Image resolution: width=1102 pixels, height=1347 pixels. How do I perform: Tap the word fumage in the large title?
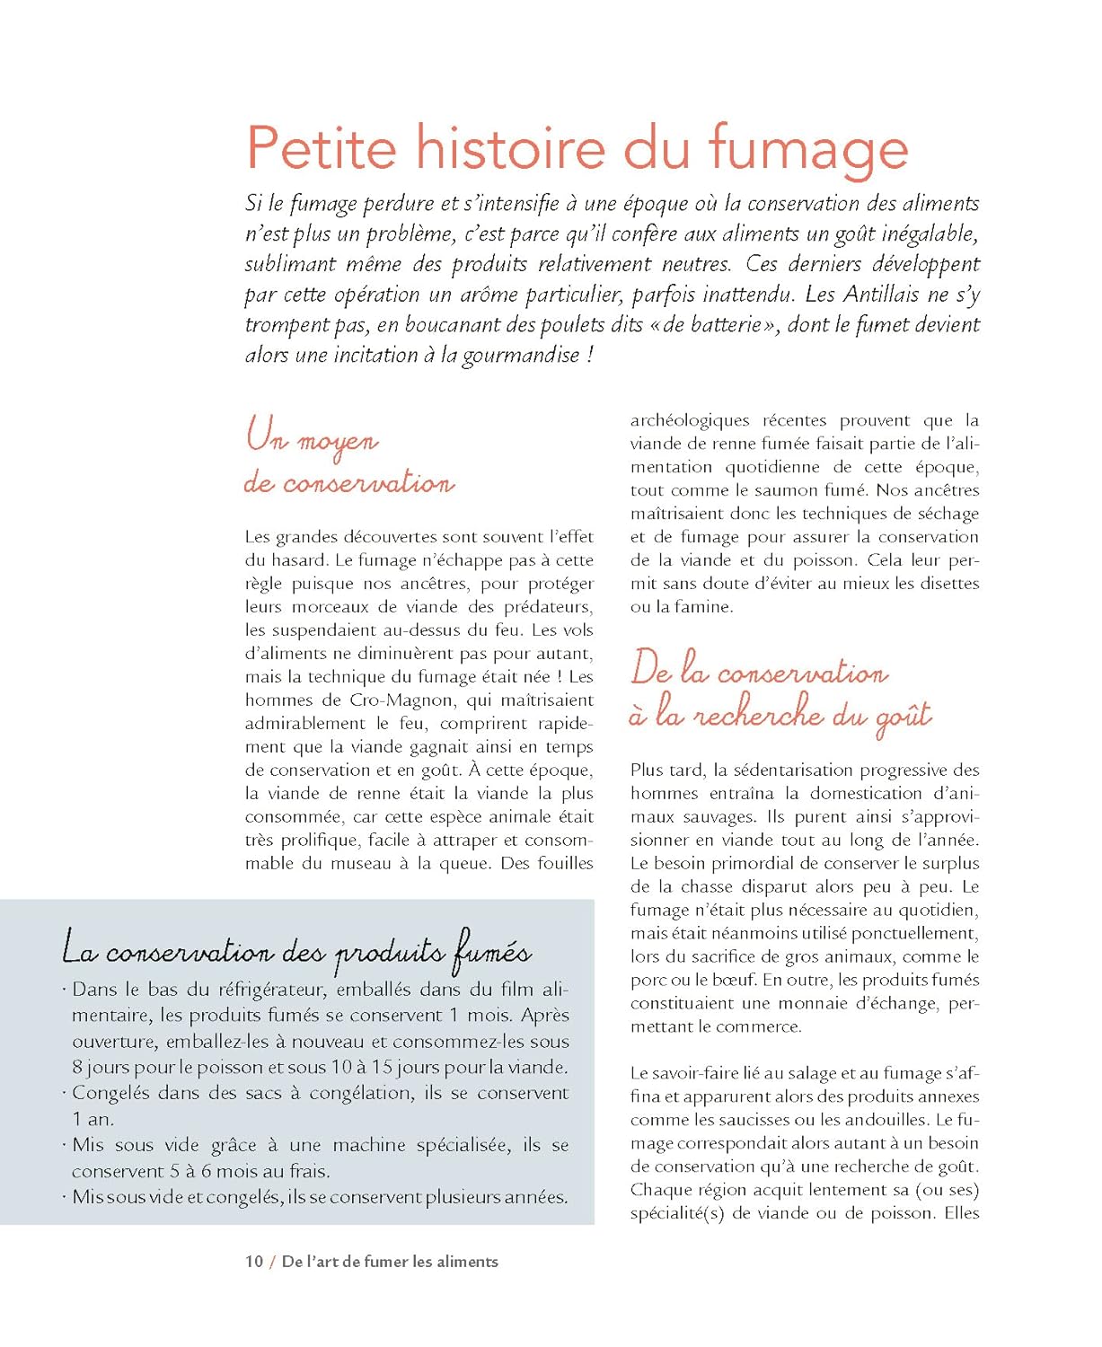(807, 149)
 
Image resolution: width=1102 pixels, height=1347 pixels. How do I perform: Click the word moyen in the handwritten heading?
(338, 442)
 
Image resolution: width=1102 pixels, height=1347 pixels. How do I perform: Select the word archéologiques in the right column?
(690, 420)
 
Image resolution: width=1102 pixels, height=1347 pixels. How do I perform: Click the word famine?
(706, 607)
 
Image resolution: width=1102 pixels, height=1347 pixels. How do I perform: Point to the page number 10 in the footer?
(254, 1262)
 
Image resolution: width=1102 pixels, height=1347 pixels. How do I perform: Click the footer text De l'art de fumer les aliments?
(390, 1262)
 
